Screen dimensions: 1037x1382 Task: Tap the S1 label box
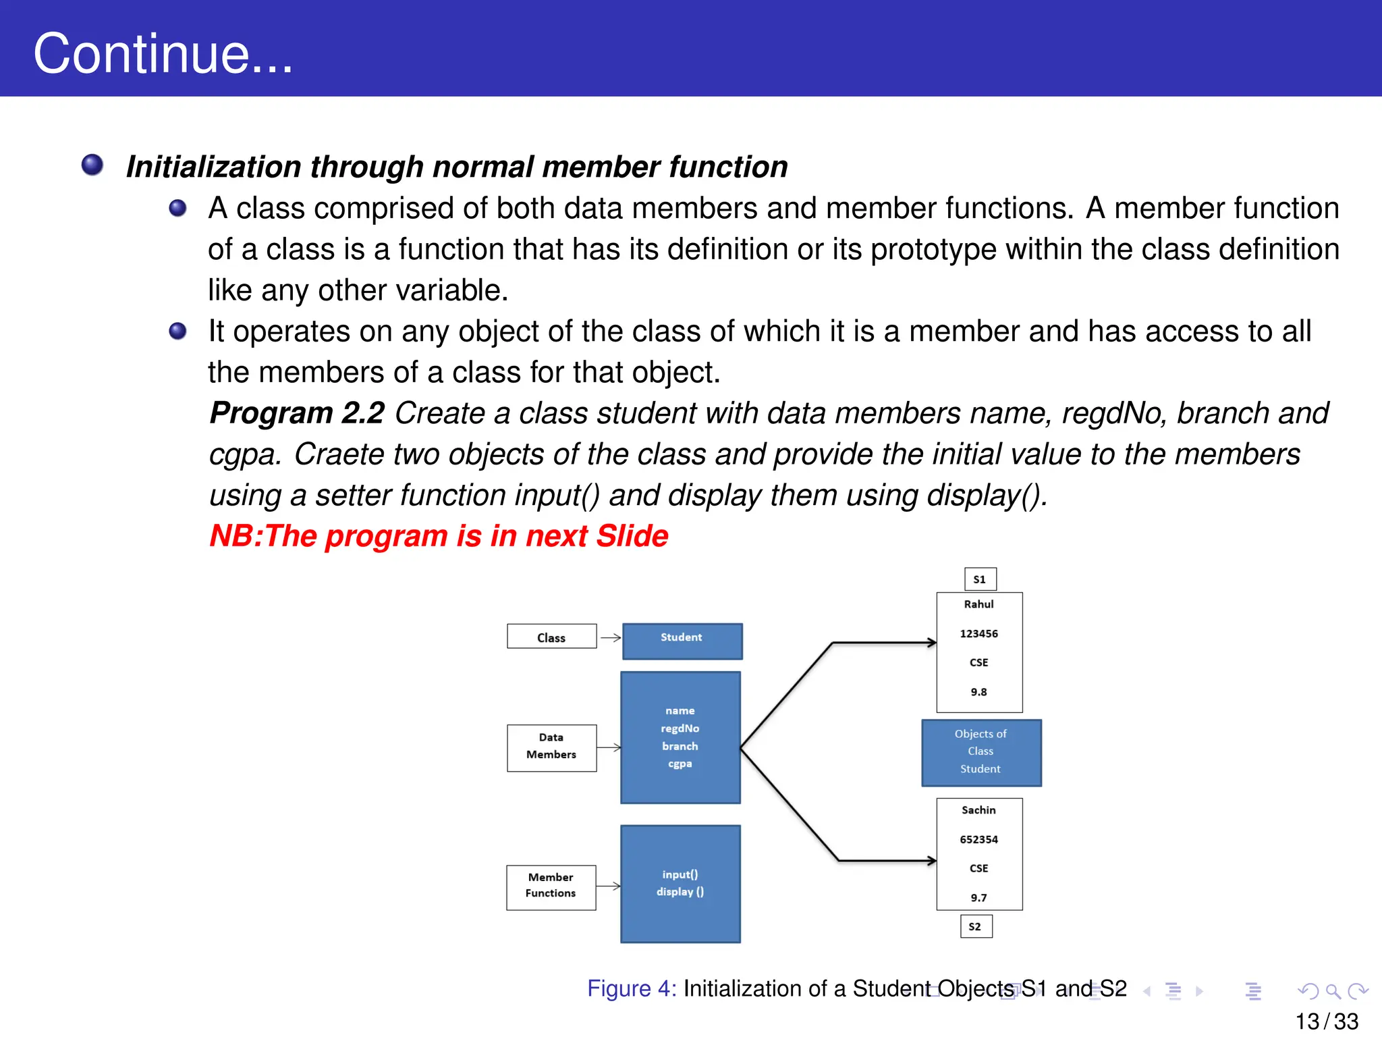coord(980,579)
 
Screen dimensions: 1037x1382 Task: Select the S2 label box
coord(976,926)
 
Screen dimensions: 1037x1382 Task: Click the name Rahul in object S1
coord(978,604)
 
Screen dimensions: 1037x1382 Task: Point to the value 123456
coord(978,633)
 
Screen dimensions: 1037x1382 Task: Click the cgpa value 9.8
coord(978,692)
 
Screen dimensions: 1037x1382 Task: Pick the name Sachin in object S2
coord(978,810)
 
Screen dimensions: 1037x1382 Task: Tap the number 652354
coord(978,839)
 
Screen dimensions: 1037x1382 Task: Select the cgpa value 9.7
coord(978,898)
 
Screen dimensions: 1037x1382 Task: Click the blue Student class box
coord(682,641)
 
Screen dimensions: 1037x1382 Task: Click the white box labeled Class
coord(551,637)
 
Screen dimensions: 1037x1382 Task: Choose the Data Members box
coord(551,747)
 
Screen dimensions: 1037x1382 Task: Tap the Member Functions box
coord(551,887)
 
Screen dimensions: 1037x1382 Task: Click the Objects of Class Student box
coord(981,752)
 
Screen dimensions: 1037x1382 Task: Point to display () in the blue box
coord(680,892)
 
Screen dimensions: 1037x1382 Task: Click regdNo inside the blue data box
coord(680,728)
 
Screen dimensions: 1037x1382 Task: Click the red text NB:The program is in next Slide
coord(439,536)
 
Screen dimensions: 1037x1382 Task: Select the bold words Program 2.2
coord(297,413)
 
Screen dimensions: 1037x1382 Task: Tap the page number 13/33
coord(1326,1021)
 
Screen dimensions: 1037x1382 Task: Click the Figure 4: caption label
coord(631,988)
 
